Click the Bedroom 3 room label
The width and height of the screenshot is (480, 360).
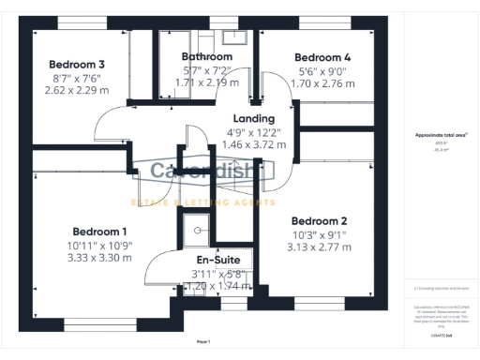tap(78, 64)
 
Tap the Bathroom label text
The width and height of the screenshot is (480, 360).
tap(206, 56)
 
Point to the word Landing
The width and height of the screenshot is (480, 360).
tap(251, 118)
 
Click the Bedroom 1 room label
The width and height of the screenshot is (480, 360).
tap(99, 231)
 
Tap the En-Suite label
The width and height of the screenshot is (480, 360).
tap(218, 260)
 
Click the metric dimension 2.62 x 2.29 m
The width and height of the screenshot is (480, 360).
tap(78, 91)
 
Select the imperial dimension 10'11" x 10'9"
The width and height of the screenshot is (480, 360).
tap(99, 245)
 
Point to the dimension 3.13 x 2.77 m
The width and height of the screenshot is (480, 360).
tap(320, 247)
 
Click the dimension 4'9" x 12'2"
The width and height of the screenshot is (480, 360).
tap(251, 132)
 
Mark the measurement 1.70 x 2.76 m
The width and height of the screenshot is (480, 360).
tap(321, 82)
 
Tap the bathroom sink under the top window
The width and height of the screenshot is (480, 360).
tap(235, 37)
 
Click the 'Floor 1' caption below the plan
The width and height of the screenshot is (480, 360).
tap(203, 341)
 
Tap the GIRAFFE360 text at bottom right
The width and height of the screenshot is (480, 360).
tap(442, 334)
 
